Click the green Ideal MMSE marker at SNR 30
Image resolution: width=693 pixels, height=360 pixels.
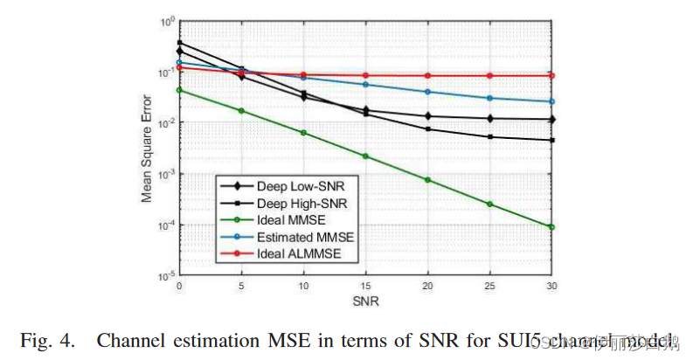point(551,227)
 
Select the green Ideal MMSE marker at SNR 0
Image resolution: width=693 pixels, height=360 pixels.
point(179,89)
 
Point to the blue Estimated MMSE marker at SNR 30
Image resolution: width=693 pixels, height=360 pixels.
point(551,101)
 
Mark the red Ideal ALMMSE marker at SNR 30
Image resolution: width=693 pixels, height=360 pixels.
point(551,75)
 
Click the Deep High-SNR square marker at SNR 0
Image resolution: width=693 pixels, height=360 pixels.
point(179,42)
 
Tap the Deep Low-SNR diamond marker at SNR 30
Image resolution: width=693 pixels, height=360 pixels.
point(551,119)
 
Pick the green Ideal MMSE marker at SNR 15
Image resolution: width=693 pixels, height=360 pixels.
point(365,156)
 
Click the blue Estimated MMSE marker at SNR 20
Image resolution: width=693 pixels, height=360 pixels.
point(427,92)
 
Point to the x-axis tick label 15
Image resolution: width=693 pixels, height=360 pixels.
point(365,287)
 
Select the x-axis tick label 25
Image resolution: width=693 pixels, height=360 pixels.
point(489,287)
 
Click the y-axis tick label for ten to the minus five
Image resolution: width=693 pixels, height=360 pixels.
point(164,276)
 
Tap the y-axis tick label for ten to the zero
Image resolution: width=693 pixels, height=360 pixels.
point(165,21)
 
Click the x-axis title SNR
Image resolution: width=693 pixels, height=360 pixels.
point(365,301)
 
